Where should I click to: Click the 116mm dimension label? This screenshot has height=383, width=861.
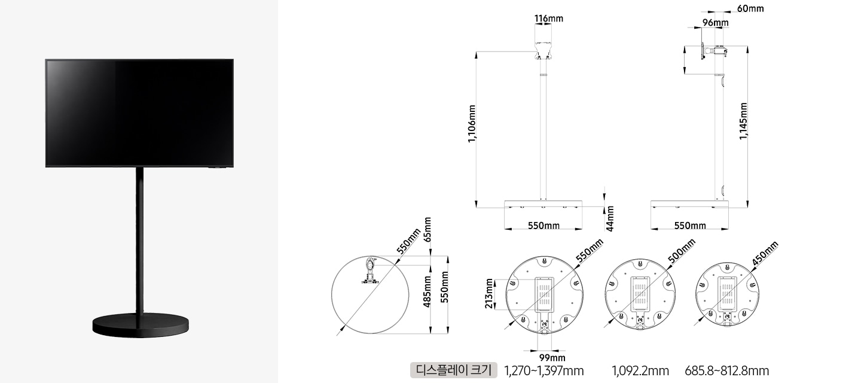click(548, 18)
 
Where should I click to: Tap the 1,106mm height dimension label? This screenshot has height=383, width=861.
click(472, 124)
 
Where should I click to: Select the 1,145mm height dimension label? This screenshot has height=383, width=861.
click(743, 121)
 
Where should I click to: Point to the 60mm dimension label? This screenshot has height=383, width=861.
click(750, 8)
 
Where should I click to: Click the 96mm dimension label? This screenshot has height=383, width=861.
click(715, 23)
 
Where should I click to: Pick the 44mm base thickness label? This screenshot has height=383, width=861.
click(610, 219)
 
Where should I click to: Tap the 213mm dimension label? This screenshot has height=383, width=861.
click(488, 293)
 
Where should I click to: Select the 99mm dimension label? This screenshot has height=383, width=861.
click(552, 358)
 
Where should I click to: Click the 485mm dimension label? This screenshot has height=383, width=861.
click(427, 292)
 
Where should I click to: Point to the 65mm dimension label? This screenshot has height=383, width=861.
click(427, 230)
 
